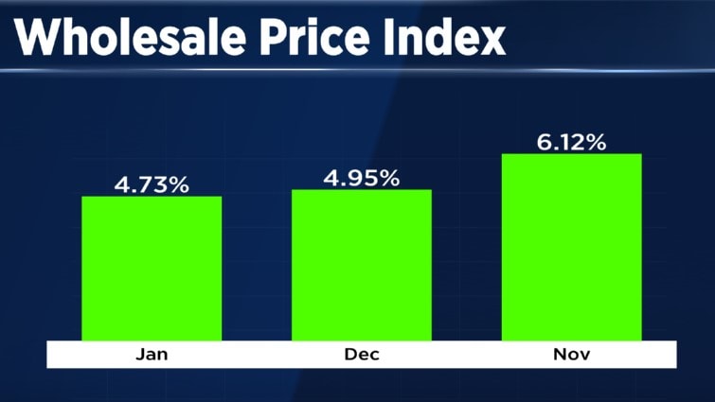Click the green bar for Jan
point(152,269)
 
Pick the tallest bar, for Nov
point(571,247)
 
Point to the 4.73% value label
point(152,184)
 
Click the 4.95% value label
point(362,177)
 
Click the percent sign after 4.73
point(178,184)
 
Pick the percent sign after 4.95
point(388,177)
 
